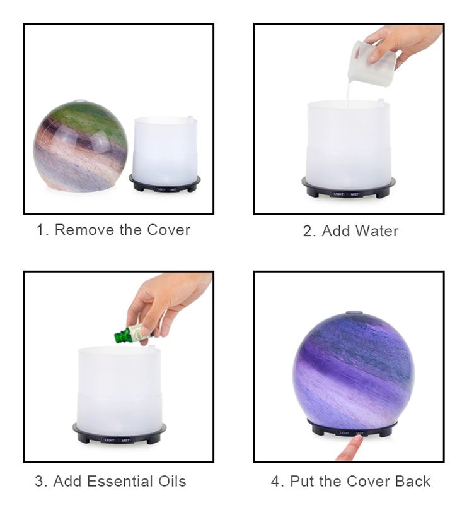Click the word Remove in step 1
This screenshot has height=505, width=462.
coord(84,230)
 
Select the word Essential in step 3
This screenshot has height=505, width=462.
coord(120,481)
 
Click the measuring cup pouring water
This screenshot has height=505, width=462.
coord(374,63)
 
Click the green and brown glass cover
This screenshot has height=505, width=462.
coord(81,146)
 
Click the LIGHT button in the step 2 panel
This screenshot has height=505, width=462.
coord(338,194)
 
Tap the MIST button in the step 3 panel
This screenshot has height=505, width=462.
coord(125,440)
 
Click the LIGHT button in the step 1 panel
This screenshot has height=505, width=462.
coord(161,189)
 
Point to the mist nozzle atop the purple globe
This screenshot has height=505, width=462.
coord(354,312)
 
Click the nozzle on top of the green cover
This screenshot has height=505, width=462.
coord(80,101)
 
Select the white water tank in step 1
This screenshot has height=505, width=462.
coord(165,151)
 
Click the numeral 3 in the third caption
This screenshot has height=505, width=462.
coord(39,481)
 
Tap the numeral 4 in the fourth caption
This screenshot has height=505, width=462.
coord(275,481)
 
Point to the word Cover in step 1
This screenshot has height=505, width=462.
coord(168,230)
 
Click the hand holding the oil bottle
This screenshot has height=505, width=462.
coord(167,303)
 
